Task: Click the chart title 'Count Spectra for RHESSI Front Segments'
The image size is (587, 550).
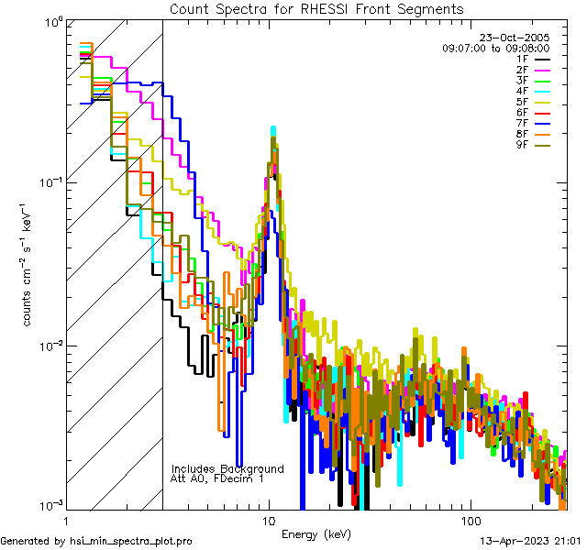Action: [x=316, y=9]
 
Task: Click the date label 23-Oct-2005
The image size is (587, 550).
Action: [x=519, y=38]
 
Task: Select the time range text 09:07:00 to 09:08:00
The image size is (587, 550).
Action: [x=495, y=48]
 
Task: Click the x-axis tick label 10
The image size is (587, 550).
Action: [x=268, y=520]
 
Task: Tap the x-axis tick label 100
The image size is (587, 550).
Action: [x=470, y=520]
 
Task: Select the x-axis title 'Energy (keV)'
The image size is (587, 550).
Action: [x=316, y=533]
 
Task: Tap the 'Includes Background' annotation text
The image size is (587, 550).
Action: [x=227, y=468]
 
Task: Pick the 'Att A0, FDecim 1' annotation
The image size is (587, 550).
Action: [x=217, y=478]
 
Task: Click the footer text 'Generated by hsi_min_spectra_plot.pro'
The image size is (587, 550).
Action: [x=96, y=541]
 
